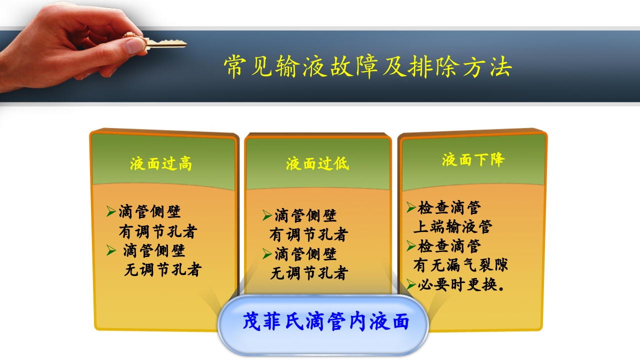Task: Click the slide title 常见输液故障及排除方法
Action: tap(367, 67)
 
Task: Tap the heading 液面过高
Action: tap(161, 164)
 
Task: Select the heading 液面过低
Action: tap(317, 164)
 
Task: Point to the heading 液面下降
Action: tap(473, 159)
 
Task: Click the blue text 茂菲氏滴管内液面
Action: tap(325, 322)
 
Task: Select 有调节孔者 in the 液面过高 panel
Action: tap(157, 232)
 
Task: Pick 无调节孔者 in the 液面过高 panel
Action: tap(162, 270)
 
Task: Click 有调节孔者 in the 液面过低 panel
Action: tap(308, 234)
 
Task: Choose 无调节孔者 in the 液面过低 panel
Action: tap(308, 273)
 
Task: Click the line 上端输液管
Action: tap(452, 227)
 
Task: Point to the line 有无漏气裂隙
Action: tap(460, 264)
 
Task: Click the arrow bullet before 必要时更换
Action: tap(410, 285)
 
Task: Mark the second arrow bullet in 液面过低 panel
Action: tap(267, 254)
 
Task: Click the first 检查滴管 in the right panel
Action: tap(449, 207)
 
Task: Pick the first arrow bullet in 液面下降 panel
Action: tap(410, 207)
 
